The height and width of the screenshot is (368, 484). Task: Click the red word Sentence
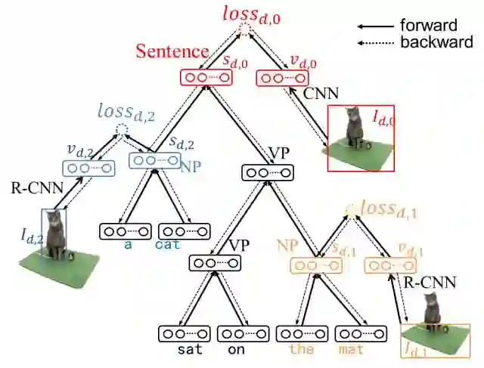(x=172, y=51)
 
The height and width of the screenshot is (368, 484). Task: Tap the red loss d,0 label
(x=251, y=14)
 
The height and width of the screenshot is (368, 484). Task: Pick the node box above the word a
(x=126, y=230)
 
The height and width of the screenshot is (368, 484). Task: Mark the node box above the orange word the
(x=302, y=333)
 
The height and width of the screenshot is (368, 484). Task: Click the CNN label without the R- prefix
(x=320, y=94)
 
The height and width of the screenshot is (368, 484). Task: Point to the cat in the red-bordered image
(x=352, y=127)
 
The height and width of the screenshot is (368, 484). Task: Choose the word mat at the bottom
(x=352, y=350)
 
